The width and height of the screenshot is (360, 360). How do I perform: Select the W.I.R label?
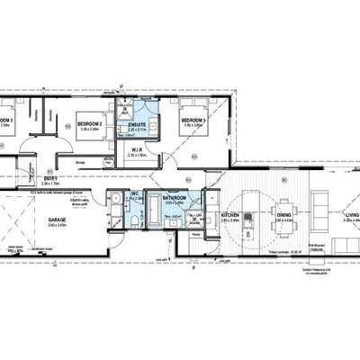138,148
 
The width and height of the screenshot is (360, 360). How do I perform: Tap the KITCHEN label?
229,216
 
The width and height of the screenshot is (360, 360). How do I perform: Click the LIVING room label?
351,215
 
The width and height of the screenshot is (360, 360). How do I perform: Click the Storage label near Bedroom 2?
82,163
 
